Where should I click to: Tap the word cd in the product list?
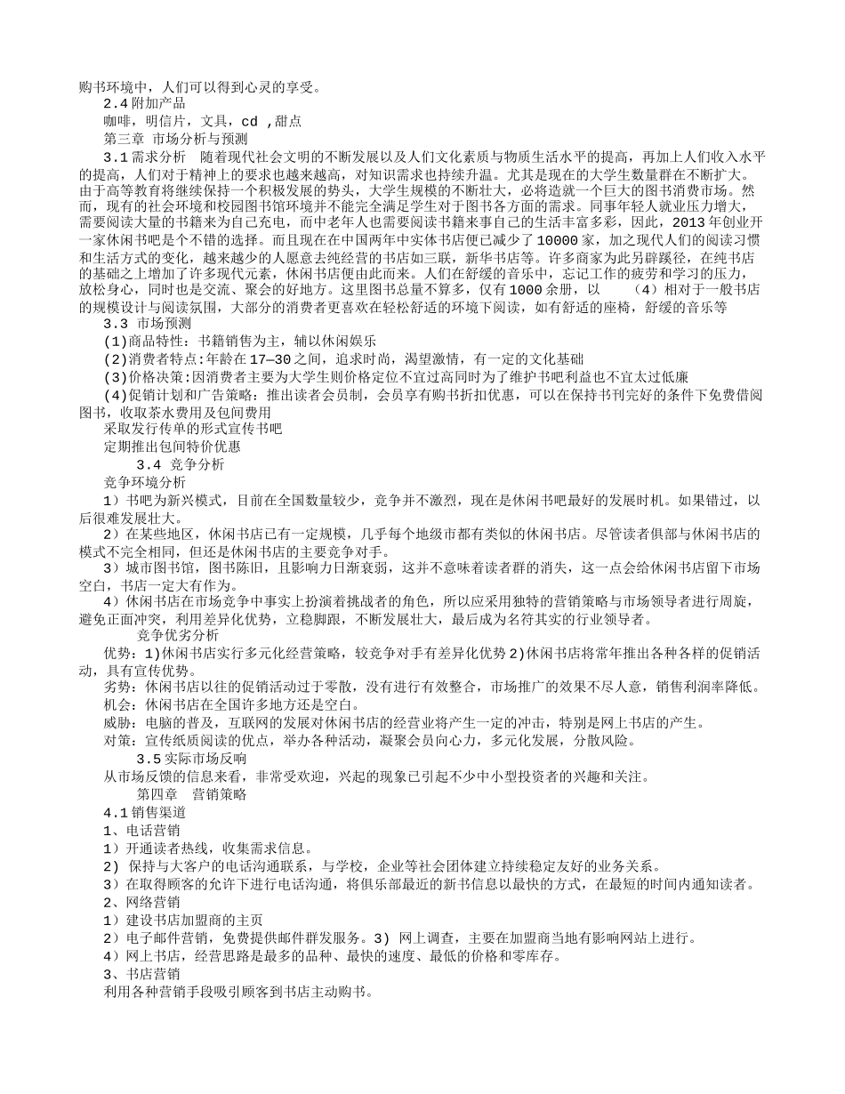[x=250, y=121]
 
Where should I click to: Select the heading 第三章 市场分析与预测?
[x=176, y=139]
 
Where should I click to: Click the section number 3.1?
[x=116, y=157]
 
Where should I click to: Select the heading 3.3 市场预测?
[x=148, y=324]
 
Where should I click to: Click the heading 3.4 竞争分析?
[x=181, y=464]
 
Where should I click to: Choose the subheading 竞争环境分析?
[x=145, y=482]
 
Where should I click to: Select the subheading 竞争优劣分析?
[x=178, y=635]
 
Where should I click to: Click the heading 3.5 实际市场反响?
[x=191, y=759]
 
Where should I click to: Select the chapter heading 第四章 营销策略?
[x=191, y=794]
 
